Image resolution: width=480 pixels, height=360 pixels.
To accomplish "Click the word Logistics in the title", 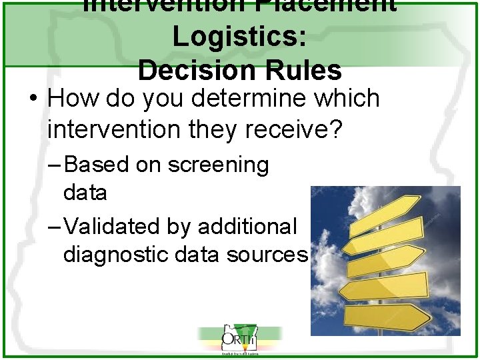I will pos(239,37).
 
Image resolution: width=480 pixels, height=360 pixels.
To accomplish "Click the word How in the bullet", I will pos(71,99).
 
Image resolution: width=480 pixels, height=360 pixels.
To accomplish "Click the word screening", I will pos(218,165).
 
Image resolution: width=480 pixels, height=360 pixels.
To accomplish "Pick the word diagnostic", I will pos(122,255).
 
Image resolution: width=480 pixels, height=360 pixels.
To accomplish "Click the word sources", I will pos(267,255).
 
